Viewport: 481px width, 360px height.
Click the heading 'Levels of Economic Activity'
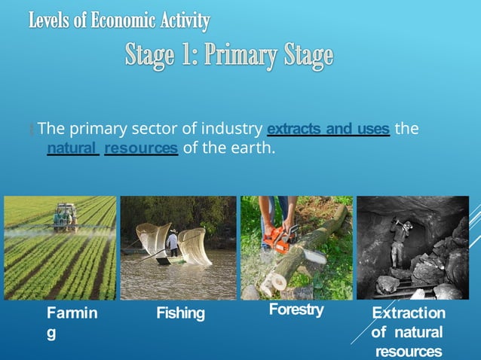[119, 21]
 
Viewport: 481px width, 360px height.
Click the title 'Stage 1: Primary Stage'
[228, 56]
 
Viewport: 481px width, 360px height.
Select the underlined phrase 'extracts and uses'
[328, 130]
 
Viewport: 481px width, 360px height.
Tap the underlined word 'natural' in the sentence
[73, 148]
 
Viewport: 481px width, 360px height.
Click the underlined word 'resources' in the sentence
[141, 148]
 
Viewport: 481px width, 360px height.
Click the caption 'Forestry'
[296, 310]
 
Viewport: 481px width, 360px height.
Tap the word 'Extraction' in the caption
[409, 313]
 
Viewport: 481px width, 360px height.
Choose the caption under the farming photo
[72, 322]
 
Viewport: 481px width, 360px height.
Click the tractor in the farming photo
[66, 217]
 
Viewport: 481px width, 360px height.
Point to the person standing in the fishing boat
[173, 243]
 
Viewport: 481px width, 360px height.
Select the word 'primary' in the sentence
[101, 130]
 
